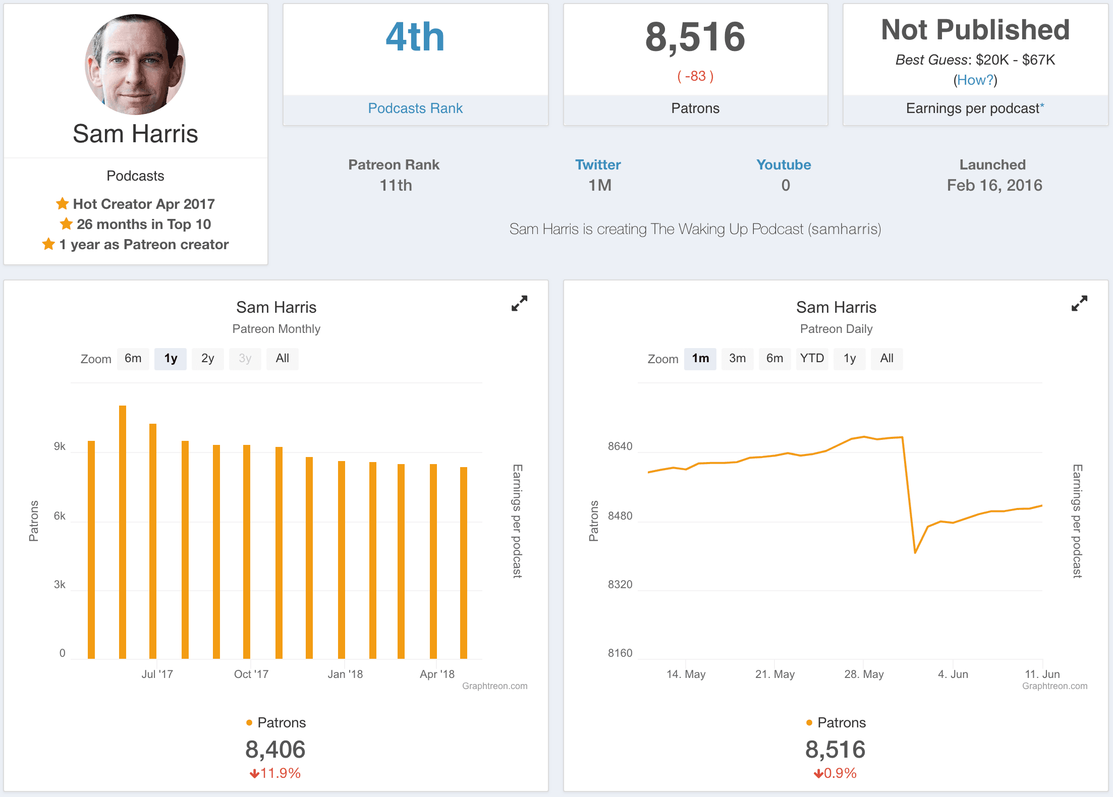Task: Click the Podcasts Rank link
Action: click(x=415, y=108)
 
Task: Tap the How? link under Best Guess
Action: click(x=975, y=80)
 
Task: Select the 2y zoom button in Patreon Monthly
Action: click(x=207, y=359)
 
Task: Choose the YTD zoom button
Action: click(x=812, y=359)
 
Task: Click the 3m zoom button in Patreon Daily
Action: click(x=737, y=359)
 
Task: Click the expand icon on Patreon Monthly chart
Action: click(x=519, y=303)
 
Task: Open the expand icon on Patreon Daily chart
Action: click(x=1079, y=303)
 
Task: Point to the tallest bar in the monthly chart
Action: click(x=123, y=530)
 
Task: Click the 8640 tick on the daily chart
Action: click(x=620, y=446)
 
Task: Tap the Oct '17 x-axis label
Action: click(x=251, y=674)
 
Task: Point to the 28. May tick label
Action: click(x=864, y=674)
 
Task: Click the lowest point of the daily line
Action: click(x=915, y=553)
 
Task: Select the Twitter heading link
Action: click(x=598, y=165)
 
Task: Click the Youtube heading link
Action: click(x=784, y=165)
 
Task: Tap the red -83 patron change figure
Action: click(x=695, y=76)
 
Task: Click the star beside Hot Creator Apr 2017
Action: click(x=62, y=204)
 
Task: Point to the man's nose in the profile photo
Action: click(x=132, y=76)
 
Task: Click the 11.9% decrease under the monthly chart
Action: click(x=275, y=773)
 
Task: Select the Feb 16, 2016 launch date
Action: click(x=994, y=186)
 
